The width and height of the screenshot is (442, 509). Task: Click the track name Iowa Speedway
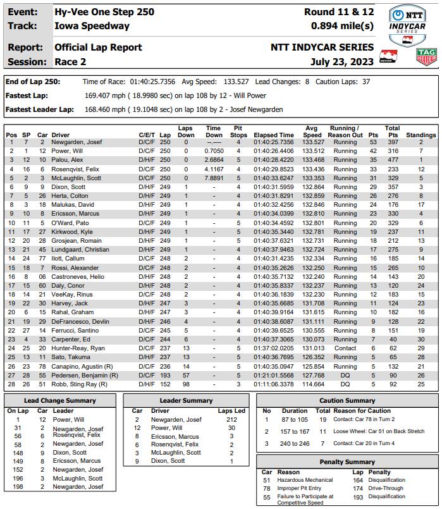point(92,26)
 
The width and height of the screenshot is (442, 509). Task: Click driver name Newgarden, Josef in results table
point(78,142)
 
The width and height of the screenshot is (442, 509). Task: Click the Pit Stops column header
point(238,132)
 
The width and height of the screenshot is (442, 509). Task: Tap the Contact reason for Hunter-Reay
point(345,348)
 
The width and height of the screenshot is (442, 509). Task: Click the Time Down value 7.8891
point(214,178)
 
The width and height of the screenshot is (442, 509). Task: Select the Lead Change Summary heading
point(59,400)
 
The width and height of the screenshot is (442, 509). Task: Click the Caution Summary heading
point(347,400)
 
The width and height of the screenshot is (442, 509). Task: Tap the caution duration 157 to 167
point(295,431)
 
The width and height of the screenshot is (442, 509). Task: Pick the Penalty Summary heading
point(347,462)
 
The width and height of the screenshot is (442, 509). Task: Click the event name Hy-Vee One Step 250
point(104,12)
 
